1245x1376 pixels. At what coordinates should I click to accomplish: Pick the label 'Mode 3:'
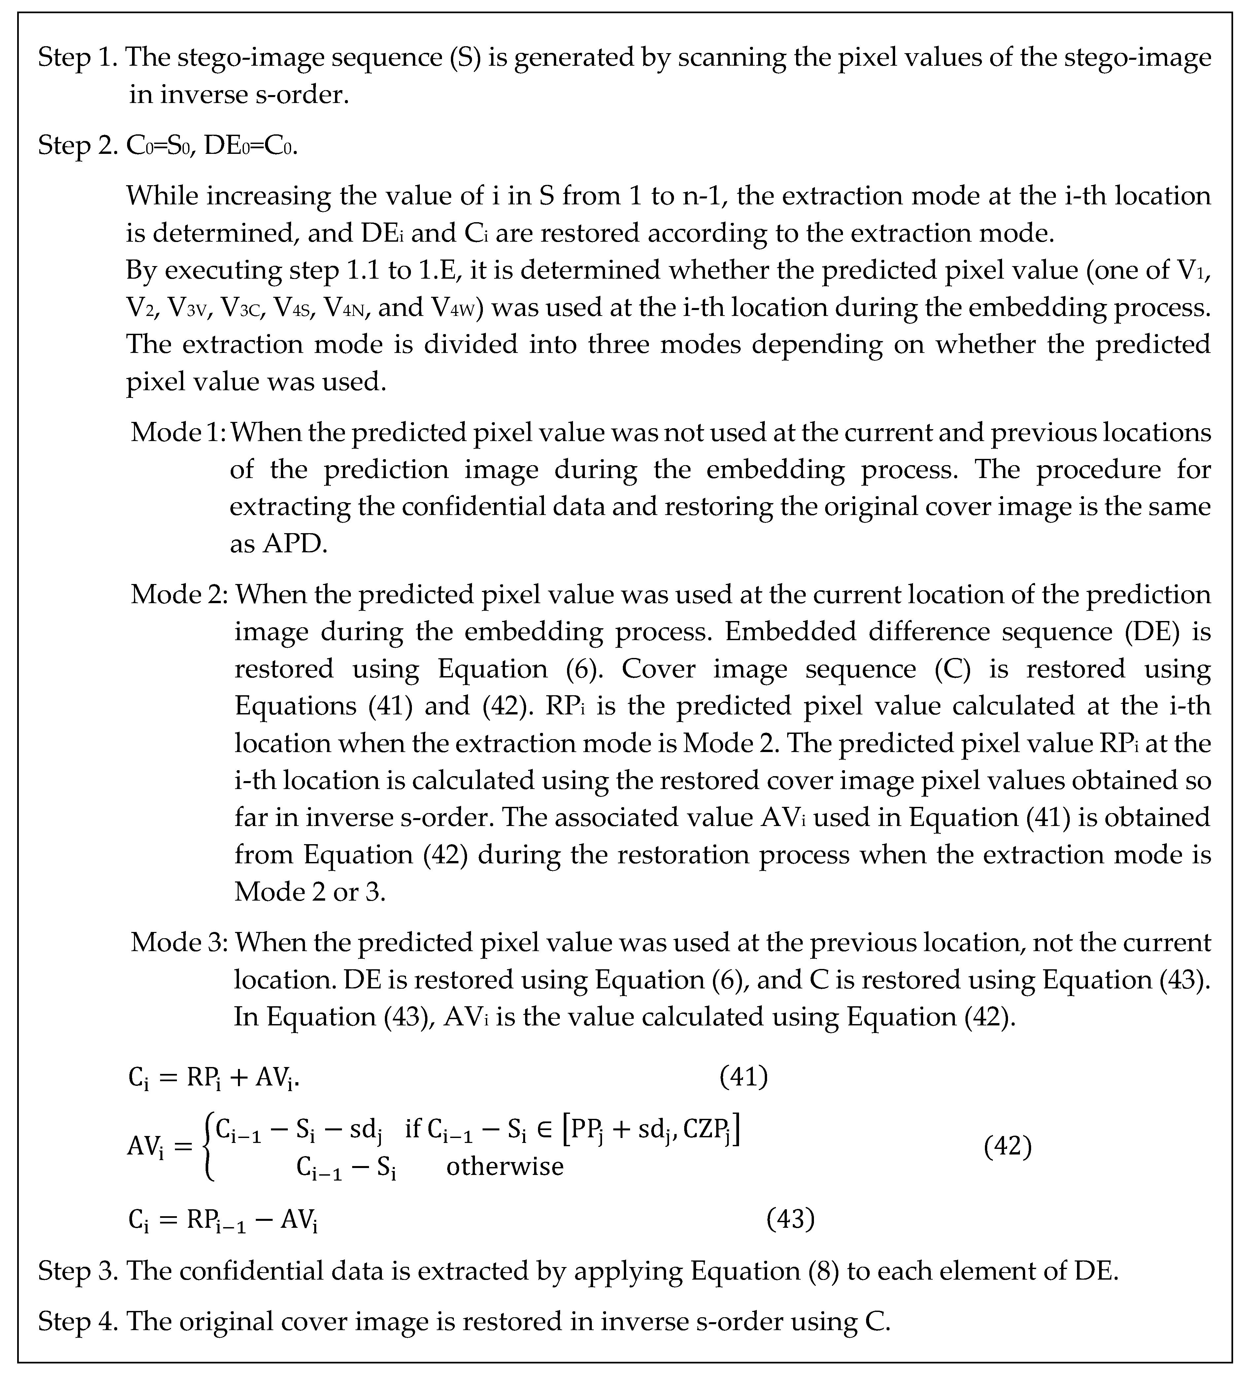tap(180, 943)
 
